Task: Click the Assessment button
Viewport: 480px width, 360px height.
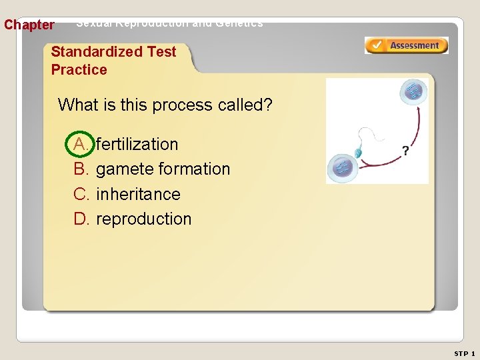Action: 406,45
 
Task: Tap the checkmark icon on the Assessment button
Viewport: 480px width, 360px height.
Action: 376,45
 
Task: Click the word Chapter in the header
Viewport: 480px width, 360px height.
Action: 29,25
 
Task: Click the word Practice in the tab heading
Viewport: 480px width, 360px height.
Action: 79,70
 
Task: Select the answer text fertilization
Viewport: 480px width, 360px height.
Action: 137,144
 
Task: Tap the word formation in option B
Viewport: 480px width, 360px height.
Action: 195,169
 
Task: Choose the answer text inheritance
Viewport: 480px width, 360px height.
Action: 139,194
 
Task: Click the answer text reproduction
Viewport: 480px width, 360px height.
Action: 144,219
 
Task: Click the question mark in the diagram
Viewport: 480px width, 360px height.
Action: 405,151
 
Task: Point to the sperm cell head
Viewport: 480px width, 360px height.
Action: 357,153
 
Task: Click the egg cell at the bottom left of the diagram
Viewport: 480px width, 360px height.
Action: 343,167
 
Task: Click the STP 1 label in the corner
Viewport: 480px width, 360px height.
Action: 464,353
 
